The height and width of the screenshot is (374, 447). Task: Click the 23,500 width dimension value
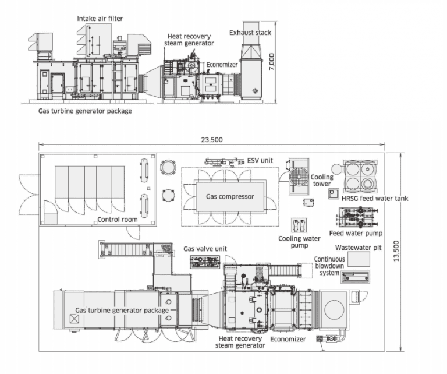(212, 140)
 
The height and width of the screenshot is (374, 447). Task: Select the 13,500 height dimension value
(396, 251)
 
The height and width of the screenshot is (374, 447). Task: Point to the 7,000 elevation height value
(272, 62)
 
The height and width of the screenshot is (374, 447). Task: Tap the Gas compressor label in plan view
(230, 196)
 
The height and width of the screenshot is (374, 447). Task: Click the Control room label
(118, 220)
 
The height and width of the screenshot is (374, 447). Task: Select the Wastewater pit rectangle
(359, 259)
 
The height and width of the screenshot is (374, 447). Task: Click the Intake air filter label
(100, 19)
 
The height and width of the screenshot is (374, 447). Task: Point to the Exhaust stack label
(250, 33)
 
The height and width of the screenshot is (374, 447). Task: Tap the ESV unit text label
(260, 161)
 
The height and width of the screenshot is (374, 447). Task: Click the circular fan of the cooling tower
(299, 177)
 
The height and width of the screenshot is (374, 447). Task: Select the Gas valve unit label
(205, 249)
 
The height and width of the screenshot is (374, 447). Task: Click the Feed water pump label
(356, 234)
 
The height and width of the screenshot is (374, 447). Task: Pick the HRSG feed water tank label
(375, 199)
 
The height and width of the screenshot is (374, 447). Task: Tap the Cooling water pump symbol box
(299, 225)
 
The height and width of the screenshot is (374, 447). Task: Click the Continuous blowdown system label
(329, 266)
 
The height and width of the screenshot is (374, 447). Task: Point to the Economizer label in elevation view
(222, 65)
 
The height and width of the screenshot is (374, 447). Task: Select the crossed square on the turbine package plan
(74, 319)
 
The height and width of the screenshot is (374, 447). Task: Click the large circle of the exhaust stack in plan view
(334, 310)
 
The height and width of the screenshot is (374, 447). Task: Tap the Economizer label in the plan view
(288, 339)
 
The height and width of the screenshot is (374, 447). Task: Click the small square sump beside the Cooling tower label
(334, 194)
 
